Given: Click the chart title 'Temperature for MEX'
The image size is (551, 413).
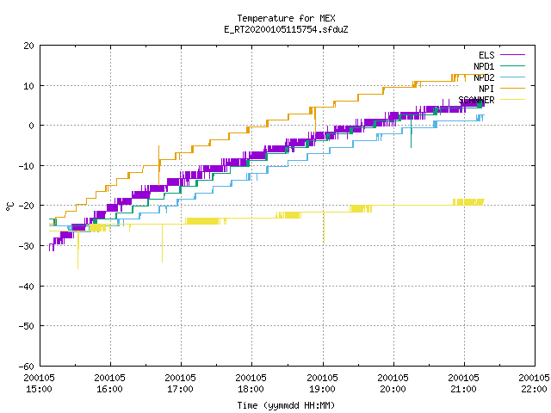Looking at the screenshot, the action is (286, 18).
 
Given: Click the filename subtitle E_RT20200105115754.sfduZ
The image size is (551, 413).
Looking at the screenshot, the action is (286, 29).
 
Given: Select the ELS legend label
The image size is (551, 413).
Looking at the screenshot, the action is (486, 55).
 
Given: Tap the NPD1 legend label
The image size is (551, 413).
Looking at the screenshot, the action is (484, 66).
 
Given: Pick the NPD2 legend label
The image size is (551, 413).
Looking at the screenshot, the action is (484, 77).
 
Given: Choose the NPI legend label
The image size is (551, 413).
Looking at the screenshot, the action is (486, 89).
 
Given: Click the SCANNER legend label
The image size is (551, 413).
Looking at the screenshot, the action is (476, 100).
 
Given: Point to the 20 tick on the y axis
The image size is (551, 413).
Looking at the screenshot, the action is (28, 46).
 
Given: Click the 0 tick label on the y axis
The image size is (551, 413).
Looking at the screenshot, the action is (31, 126).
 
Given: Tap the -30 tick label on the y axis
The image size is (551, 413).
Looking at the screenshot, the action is (27, 246).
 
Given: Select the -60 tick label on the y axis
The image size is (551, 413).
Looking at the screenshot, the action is (27, 367).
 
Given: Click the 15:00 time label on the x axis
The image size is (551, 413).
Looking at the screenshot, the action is (39, 389).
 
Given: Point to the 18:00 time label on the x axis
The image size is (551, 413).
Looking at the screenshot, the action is (251, 389).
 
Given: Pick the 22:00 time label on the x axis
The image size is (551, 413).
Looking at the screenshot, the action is (534, 389).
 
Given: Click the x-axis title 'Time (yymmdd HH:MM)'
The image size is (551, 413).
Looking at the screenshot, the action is (286, 405).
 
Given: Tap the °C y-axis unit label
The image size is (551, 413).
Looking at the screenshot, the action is (9, 206).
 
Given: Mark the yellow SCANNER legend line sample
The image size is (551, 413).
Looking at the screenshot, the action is (512, 100).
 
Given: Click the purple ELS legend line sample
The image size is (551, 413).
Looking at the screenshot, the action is (512, 55).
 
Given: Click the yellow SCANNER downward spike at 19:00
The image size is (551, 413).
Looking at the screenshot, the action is (324, 227).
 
